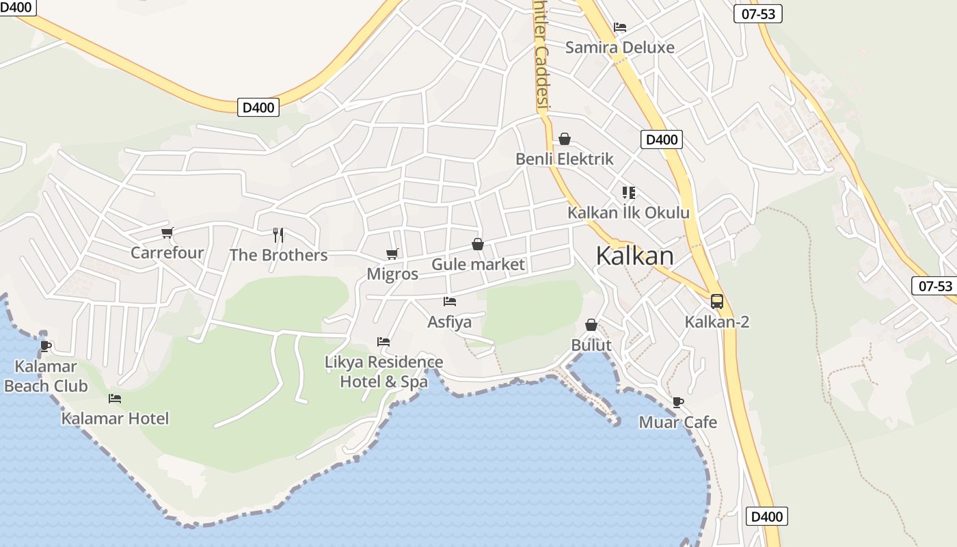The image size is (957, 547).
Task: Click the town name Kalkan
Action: (x=634, y=256)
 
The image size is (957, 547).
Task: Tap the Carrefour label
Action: (x=167, y=253)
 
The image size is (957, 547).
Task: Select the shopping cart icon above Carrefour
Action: (x=167, y=232)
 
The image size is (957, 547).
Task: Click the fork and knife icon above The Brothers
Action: (x=278, y=235)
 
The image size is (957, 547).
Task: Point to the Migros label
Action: (x=392, y=274)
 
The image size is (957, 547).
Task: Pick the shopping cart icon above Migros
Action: (x=392, y=254)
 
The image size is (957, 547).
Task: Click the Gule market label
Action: (x=478, y=265)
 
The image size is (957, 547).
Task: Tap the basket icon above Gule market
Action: (x=478, y=244)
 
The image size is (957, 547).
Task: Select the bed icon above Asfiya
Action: (x=449, y=301)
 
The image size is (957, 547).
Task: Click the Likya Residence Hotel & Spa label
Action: (x=383, y=372)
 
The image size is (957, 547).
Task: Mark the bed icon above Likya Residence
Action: (x=383, y=342)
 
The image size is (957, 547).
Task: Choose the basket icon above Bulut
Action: (x=591, y=325)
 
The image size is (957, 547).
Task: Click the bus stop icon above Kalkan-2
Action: (x=716, y=301)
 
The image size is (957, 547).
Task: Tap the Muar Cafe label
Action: (x=677, y=423)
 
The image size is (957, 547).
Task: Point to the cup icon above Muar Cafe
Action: (x=677, y=402)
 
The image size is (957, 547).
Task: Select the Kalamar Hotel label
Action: (x=115, y=418)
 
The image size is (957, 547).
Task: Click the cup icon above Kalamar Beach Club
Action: (x=46, y=346)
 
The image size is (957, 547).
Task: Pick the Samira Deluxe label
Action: (x=619, y=48)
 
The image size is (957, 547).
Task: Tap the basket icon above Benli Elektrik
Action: (x=565, y=139)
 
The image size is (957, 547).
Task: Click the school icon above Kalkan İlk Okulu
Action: (x=628, y=193)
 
